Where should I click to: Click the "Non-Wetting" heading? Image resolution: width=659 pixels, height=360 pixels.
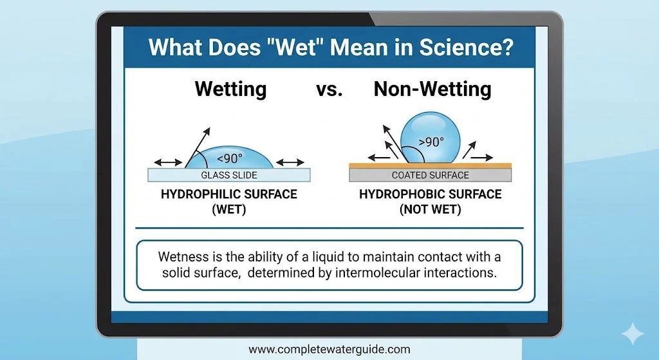point(432,89)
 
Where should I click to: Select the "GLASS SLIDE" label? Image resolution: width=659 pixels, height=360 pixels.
point(229,175)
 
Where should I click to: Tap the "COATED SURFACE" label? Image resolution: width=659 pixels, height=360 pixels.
point(430,175)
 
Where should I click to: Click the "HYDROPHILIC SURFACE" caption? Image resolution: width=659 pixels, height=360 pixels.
point(228,194)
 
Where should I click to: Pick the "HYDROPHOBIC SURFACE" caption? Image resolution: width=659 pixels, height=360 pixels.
point(430,194)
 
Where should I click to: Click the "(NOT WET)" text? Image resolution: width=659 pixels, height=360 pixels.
point(430,209)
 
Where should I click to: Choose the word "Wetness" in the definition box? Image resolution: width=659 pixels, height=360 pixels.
point(182,256)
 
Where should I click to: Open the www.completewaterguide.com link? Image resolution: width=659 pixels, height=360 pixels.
point(329,350)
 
